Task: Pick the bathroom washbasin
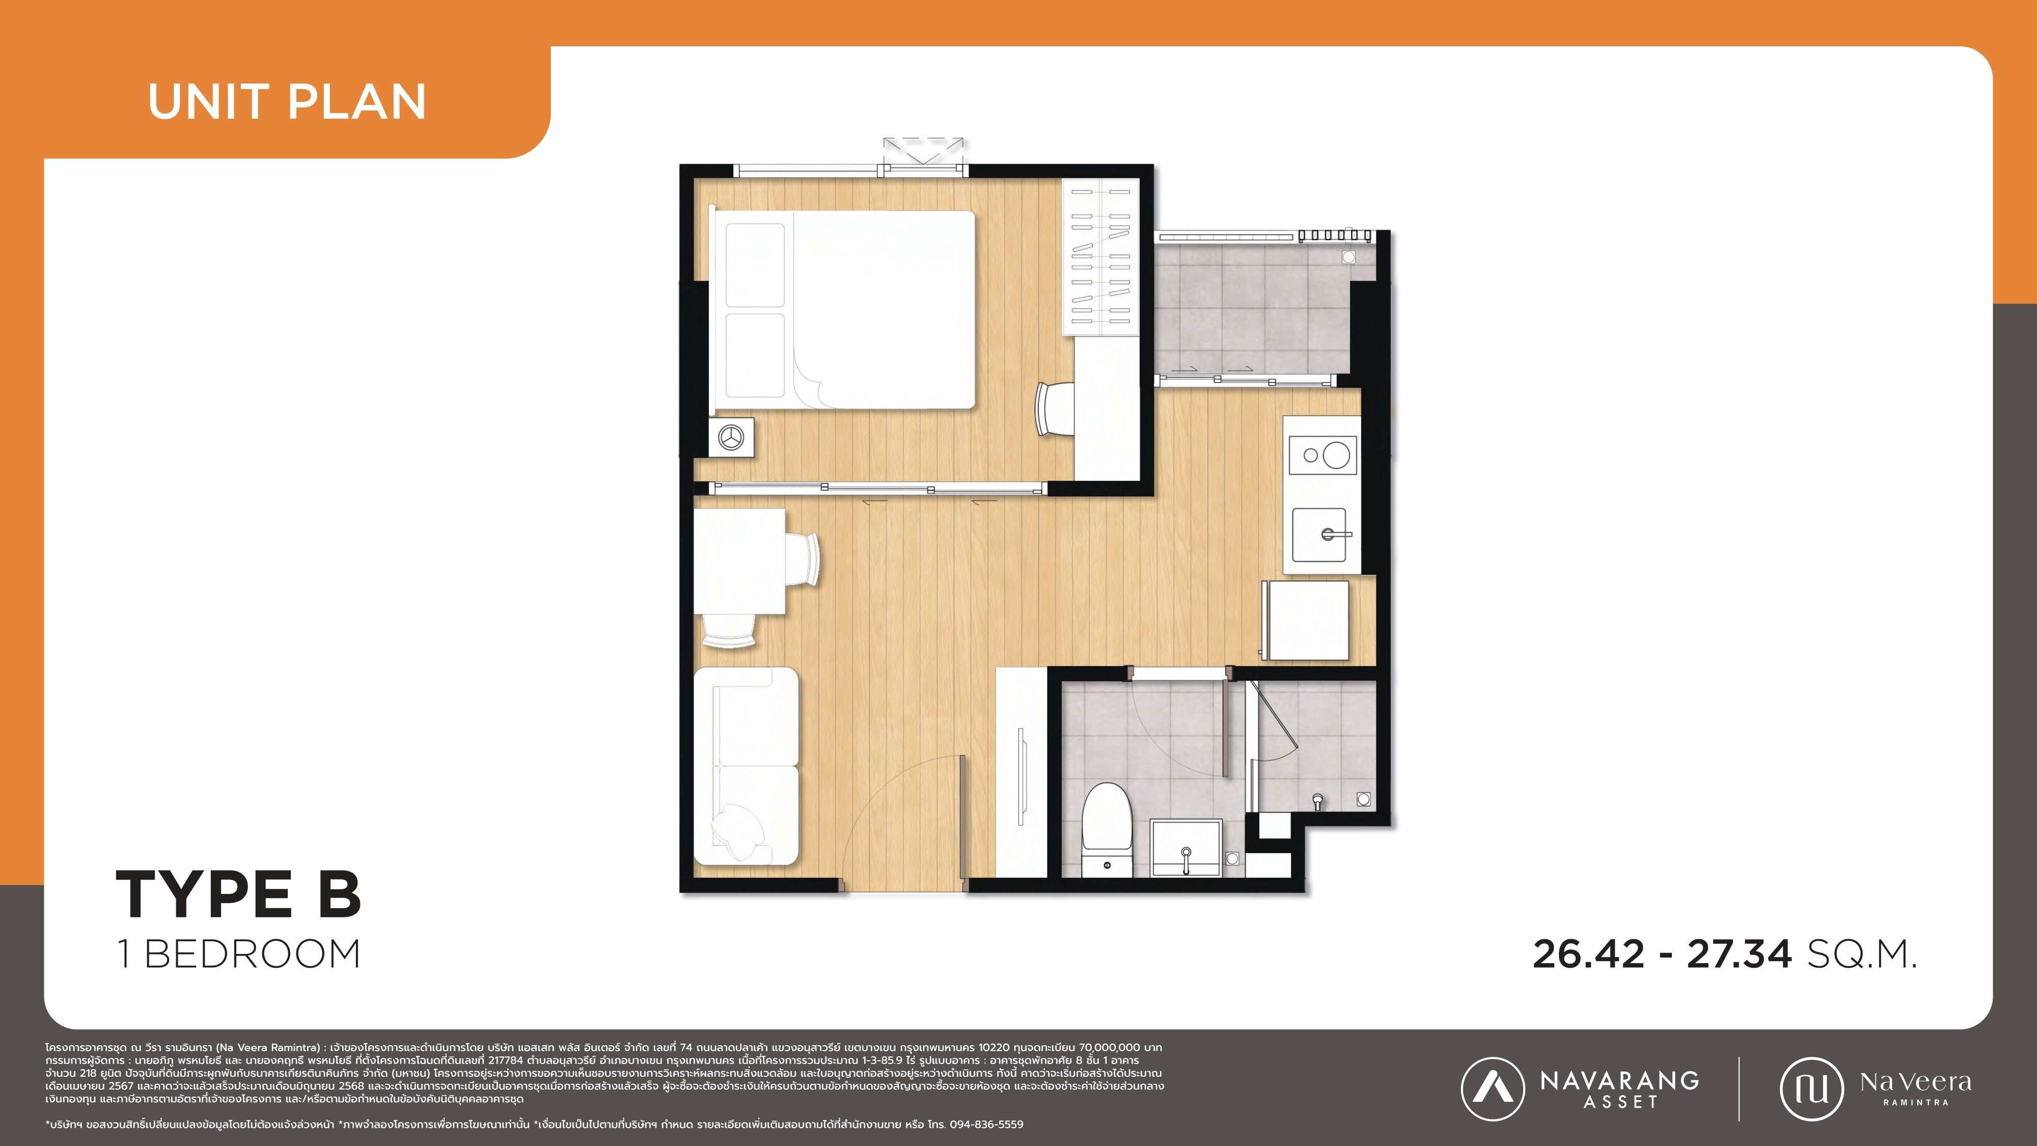point(1186,848)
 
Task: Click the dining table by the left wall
point(739,561)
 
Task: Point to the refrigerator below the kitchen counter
point(1305,620)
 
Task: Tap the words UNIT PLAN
point(287,102)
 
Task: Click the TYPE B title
point(239,894)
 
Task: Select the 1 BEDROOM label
point(239,954)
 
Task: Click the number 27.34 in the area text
point(1739,954)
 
